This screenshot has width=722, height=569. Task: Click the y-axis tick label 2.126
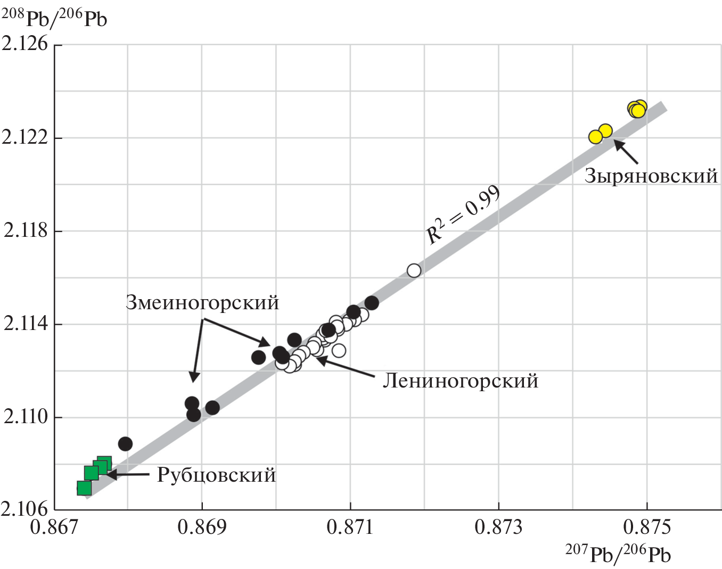click(25, 44)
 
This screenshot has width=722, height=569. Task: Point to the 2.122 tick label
click(25, 137)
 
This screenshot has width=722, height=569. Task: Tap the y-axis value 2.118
click(25, 230)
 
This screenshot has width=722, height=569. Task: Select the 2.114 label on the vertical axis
click(25, 324)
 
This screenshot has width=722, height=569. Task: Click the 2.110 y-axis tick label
click(25, 417)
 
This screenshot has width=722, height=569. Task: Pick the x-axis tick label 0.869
click(202, 527)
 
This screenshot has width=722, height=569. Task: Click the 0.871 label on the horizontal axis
click(350, 527)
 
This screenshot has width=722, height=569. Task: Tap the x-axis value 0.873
click(498, 527)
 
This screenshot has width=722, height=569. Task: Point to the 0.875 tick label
click(647, 527)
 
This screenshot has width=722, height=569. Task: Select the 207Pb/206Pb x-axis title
click(618, 554)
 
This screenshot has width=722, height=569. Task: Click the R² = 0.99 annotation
click(463, 214)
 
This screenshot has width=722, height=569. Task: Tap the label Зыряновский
click(651, 176)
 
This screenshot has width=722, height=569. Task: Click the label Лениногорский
click(461, 381)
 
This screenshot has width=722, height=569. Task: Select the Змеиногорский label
click(202, 302)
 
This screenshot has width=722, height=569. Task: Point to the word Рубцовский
click(216, 475)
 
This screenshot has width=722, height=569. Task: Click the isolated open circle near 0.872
click(414, 271)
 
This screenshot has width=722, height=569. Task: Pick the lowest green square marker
click(84, 488)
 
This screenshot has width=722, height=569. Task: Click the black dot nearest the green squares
click(125, 444)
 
